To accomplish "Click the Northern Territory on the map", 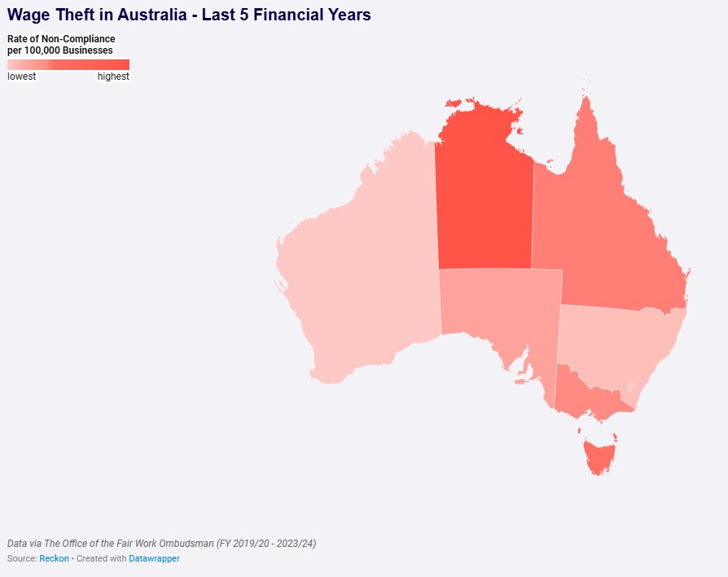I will click(484, 203).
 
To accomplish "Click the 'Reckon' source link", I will click(54, 559).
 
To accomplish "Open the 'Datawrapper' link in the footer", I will click(154, 559).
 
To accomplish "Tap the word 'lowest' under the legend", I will click(22, 76).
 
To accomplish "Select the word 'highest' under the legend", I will click(113, 76).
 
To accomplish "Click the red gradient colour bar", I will click(68, 64).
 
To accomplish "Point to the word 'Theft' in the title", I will click(77, 15).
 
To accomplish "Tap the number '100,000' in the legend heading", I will click(43, 50).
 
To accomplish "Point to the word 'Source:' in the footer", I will click(22, 559).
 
